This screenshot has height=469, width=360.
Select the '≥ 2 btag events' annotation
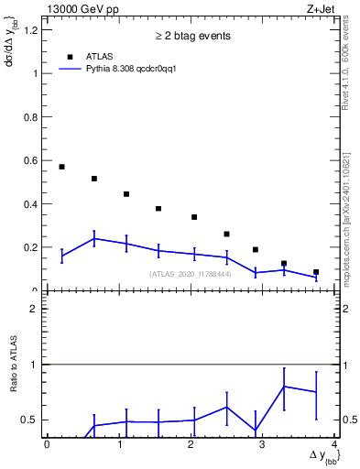pyautogui.click(x=192, y=36)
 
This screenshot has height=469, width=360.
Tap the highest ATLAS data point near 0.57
pyautogui.click(x=61, y=167)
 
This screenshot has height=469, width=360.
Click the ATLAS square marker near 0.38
pyautogui.click(x=158, y=209)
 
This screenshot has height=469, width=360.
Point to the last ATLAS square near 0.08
pyautogui.click(x=316, y=272)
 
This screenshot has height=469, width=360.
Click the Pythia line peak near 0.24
pyautogui.click(x=94, y=238)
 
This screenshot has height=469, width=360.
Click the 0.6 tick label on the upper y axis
pyautogui.click(x=30, y=160)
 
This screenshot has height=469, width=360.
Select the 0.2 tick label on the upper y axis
pyautogui.click(x=30, y=247)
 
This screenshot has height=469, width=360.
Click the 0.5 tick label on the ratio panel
pyautogui.click(x=30, y=420)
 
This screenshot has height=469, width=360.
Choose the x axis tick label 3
pyautogui.click(x=262, y=444)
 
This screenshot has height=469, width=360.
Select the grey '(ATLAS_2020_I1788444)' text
pyautogui.click(x=191, y=274)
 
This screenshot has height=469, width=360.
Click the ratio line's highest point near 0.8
pyautogui.click(x=284, y=386)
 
